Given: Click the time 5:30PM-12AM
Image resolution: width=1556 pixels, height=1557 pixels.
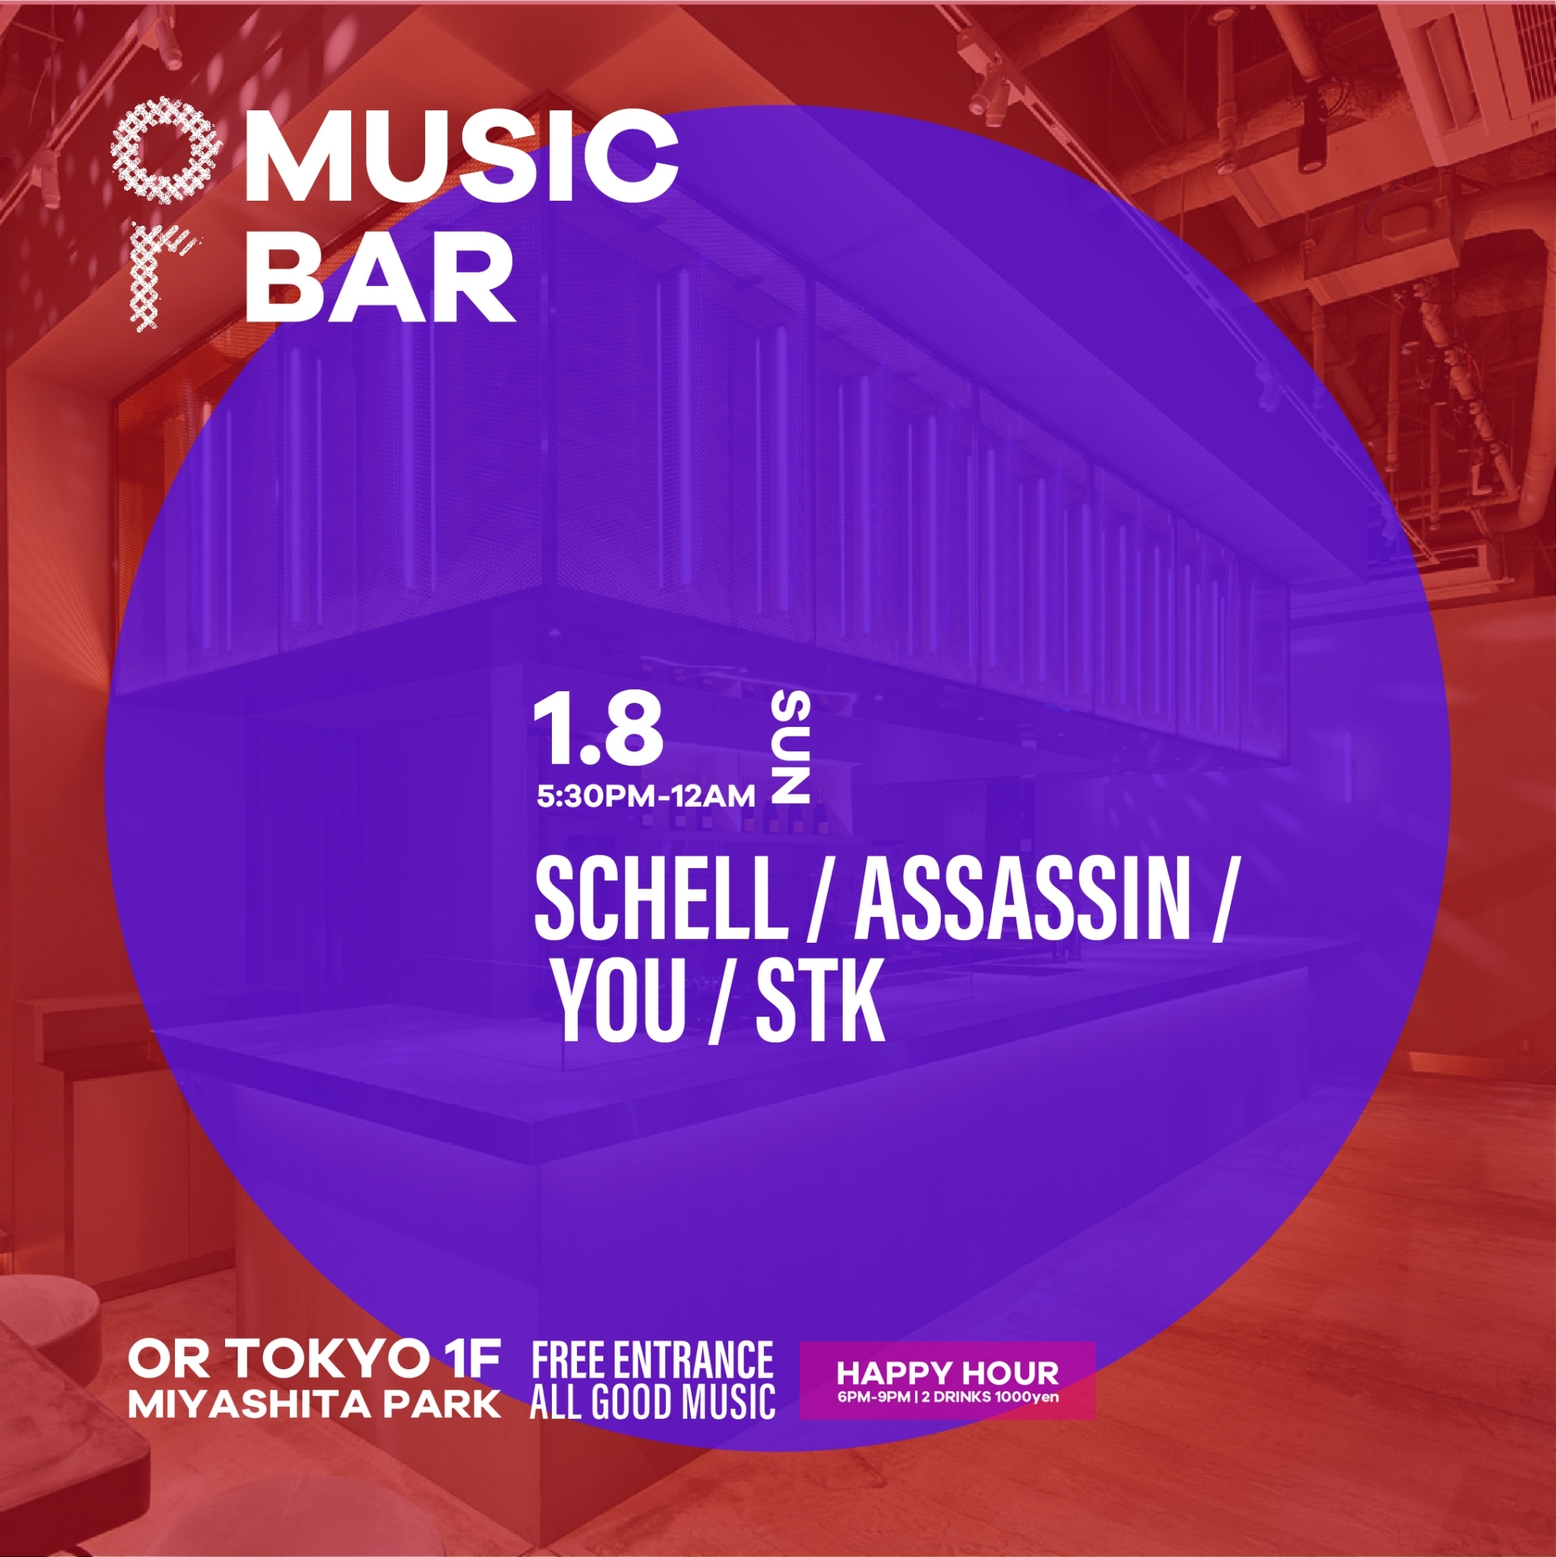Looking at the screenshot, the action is [646, 797].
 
